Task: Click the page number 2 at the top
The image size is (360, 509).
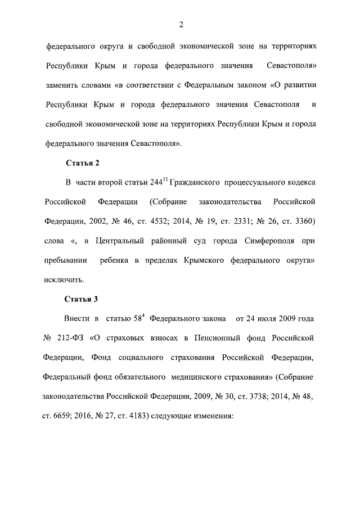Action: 181,24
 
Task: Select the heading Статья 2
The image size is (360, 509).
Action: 82,163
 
